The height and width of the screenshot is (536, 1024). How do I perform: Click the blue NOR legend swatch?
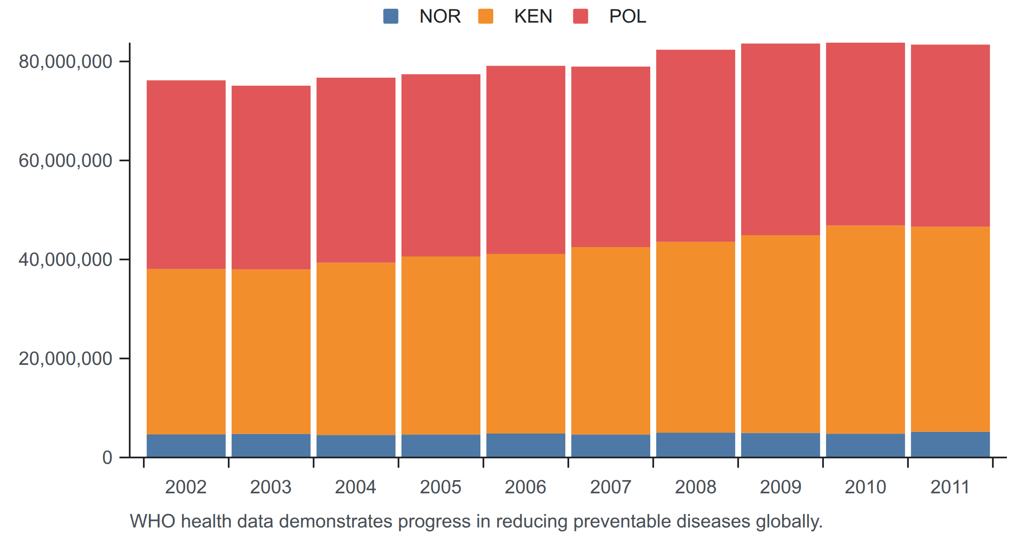(x=391, y=16)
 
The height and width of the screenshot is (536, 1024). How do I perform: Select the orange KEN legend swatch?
(x=486, y=16)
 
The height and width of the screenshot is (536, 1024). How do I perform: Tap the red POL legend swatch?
(x=580, y=16)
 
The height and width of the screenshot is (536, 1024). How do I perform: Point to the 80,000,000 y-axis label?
(x=65, y=61)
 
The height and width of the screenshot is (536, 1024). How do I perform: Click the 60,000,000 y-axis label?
(x=65, y=160)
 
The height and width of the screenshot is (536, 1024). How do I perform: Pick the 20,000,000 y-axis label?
(x=65, y=358)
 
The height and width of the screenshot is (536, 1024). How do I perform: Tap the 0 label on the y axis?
(x=107, y=457)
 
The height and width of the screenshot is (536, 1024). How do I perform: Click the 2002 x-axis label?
(x=186, y=487)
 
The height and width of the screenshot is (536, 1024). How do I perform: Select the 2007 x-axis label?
(x=611, y=487)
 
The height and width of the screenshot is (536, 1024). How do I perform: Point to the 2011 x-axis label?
(x=950, y=487)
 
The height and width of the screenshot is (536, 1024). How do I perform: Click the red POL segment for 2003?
(x=271, y=178)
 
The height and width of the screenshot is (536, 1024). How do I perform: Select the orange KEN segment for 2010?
(x=865, y=329)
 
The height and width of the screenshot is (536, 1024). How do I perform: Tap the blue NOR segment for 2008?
(x=695, y=445)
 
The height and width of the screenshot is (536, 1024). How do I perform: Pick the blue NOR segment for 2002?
(x=186, y=446)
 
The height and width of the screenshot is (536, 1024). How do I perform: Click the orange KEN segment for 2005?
(x=441, y=346)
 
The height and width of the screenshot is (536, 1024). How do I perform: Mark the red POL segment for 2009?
(x=780, y=139)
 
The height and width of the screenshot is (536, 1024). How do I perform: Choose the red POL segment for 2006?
(x=526, y=160)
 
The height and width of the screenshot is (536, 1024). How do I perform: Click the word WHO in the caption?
(x=152, y=521)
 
